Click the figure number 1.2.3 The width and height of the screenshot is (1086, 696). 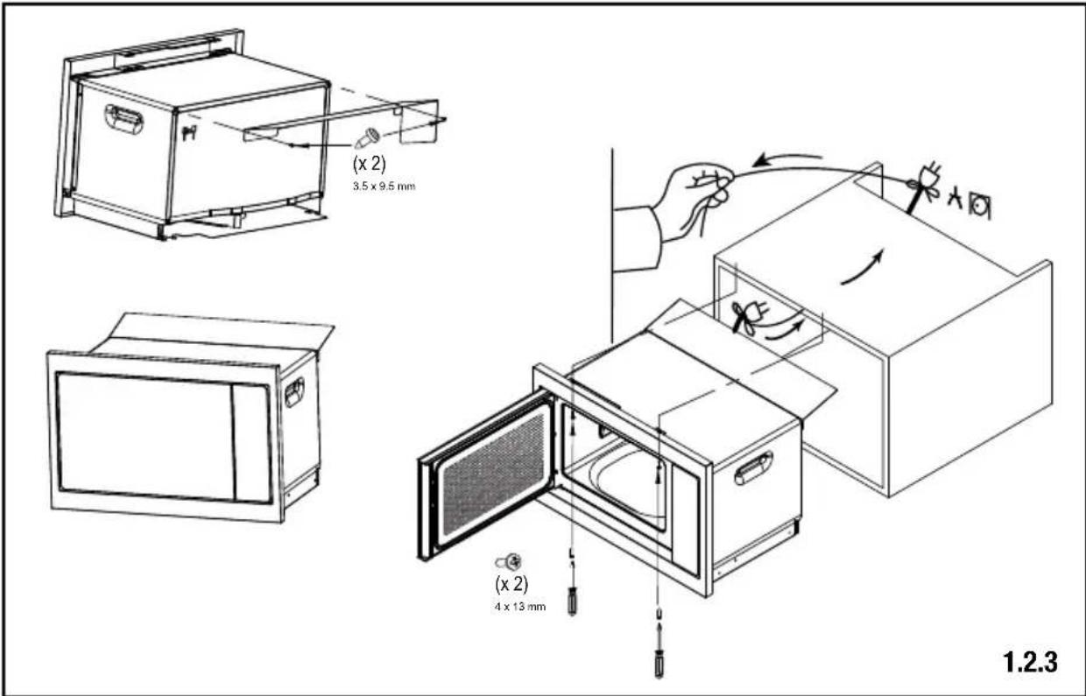click(x=1030, y=662)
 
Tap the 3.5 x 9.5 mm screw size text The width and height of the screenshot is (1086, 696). click(x=384, y=186)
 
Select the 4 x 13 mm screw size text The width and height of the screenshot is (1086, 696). click(x=520, y=607)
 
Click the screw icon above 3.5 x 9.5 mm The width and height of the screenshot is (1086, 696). click(x=367, y=137)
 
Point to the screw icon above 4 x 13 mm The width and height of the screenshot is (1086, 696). click(x=509, y=562)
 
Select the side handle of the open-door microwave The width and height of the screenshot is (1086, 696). click(x=753, y=468)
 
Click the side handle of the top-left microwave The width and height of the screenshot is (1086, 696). click(x=124, y=119)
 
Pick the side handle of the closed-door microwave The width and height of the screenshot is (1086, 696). click(x=294, y=391)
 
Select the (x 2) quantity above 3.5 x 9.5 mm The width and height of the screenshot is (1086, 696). click(x=370, y=164)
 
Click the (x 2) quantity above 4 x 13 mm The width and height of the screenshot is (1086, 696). click(x=511, y=584)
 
